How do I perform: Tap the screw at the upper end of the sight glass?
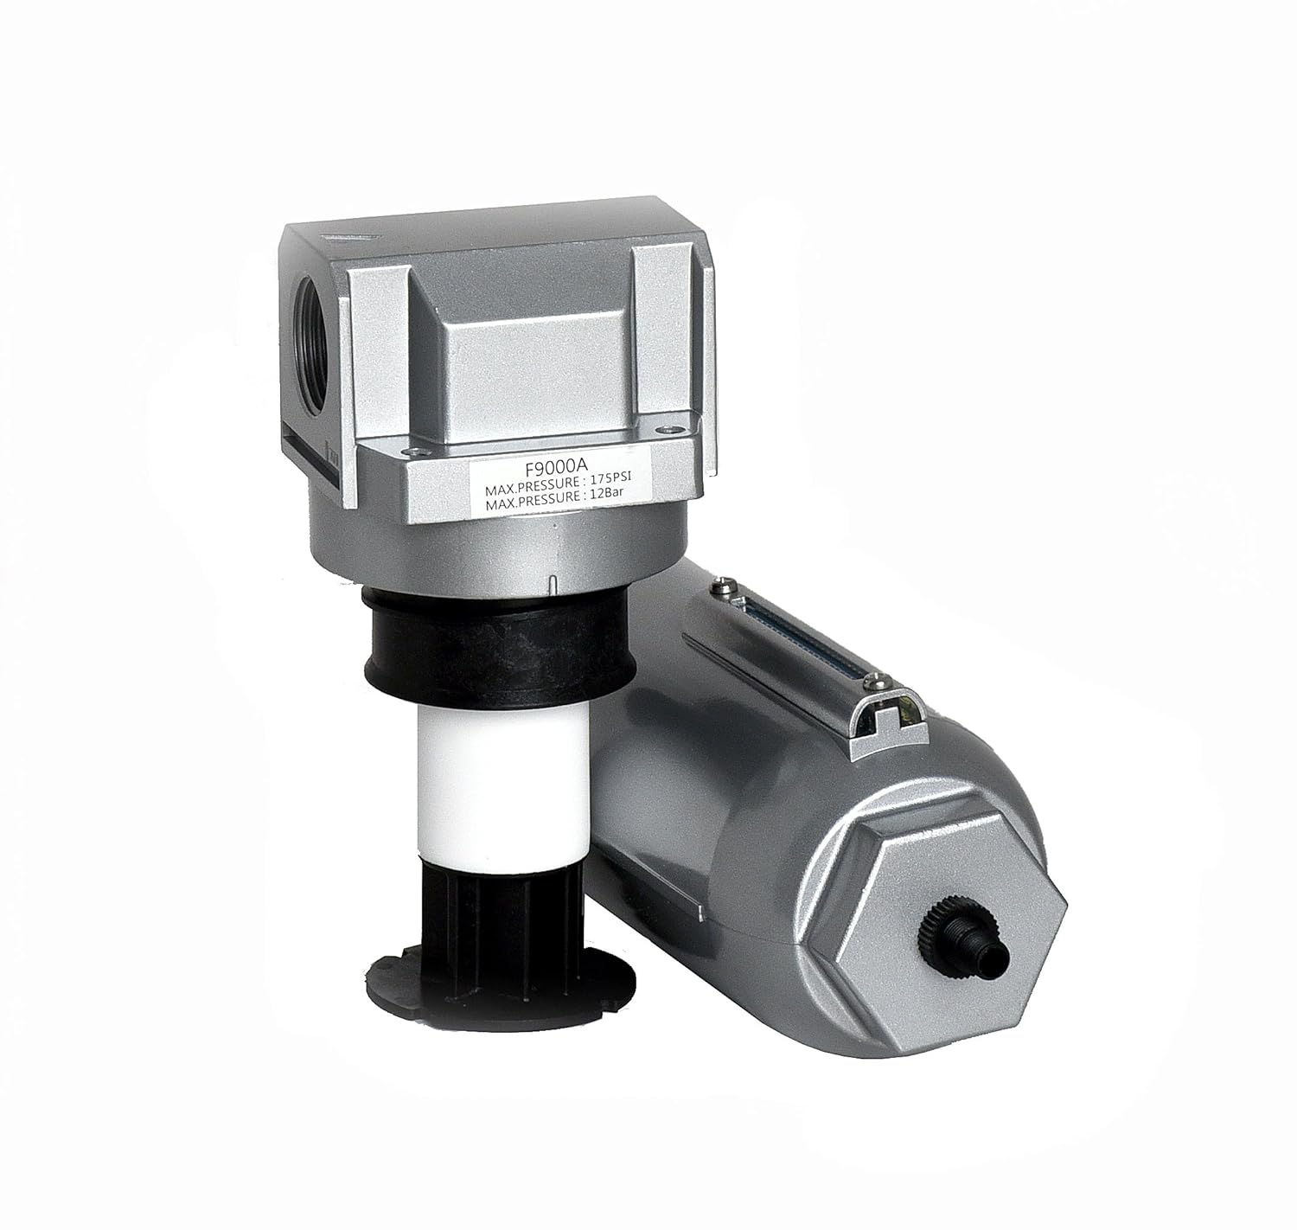click(x=725, y=588)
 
